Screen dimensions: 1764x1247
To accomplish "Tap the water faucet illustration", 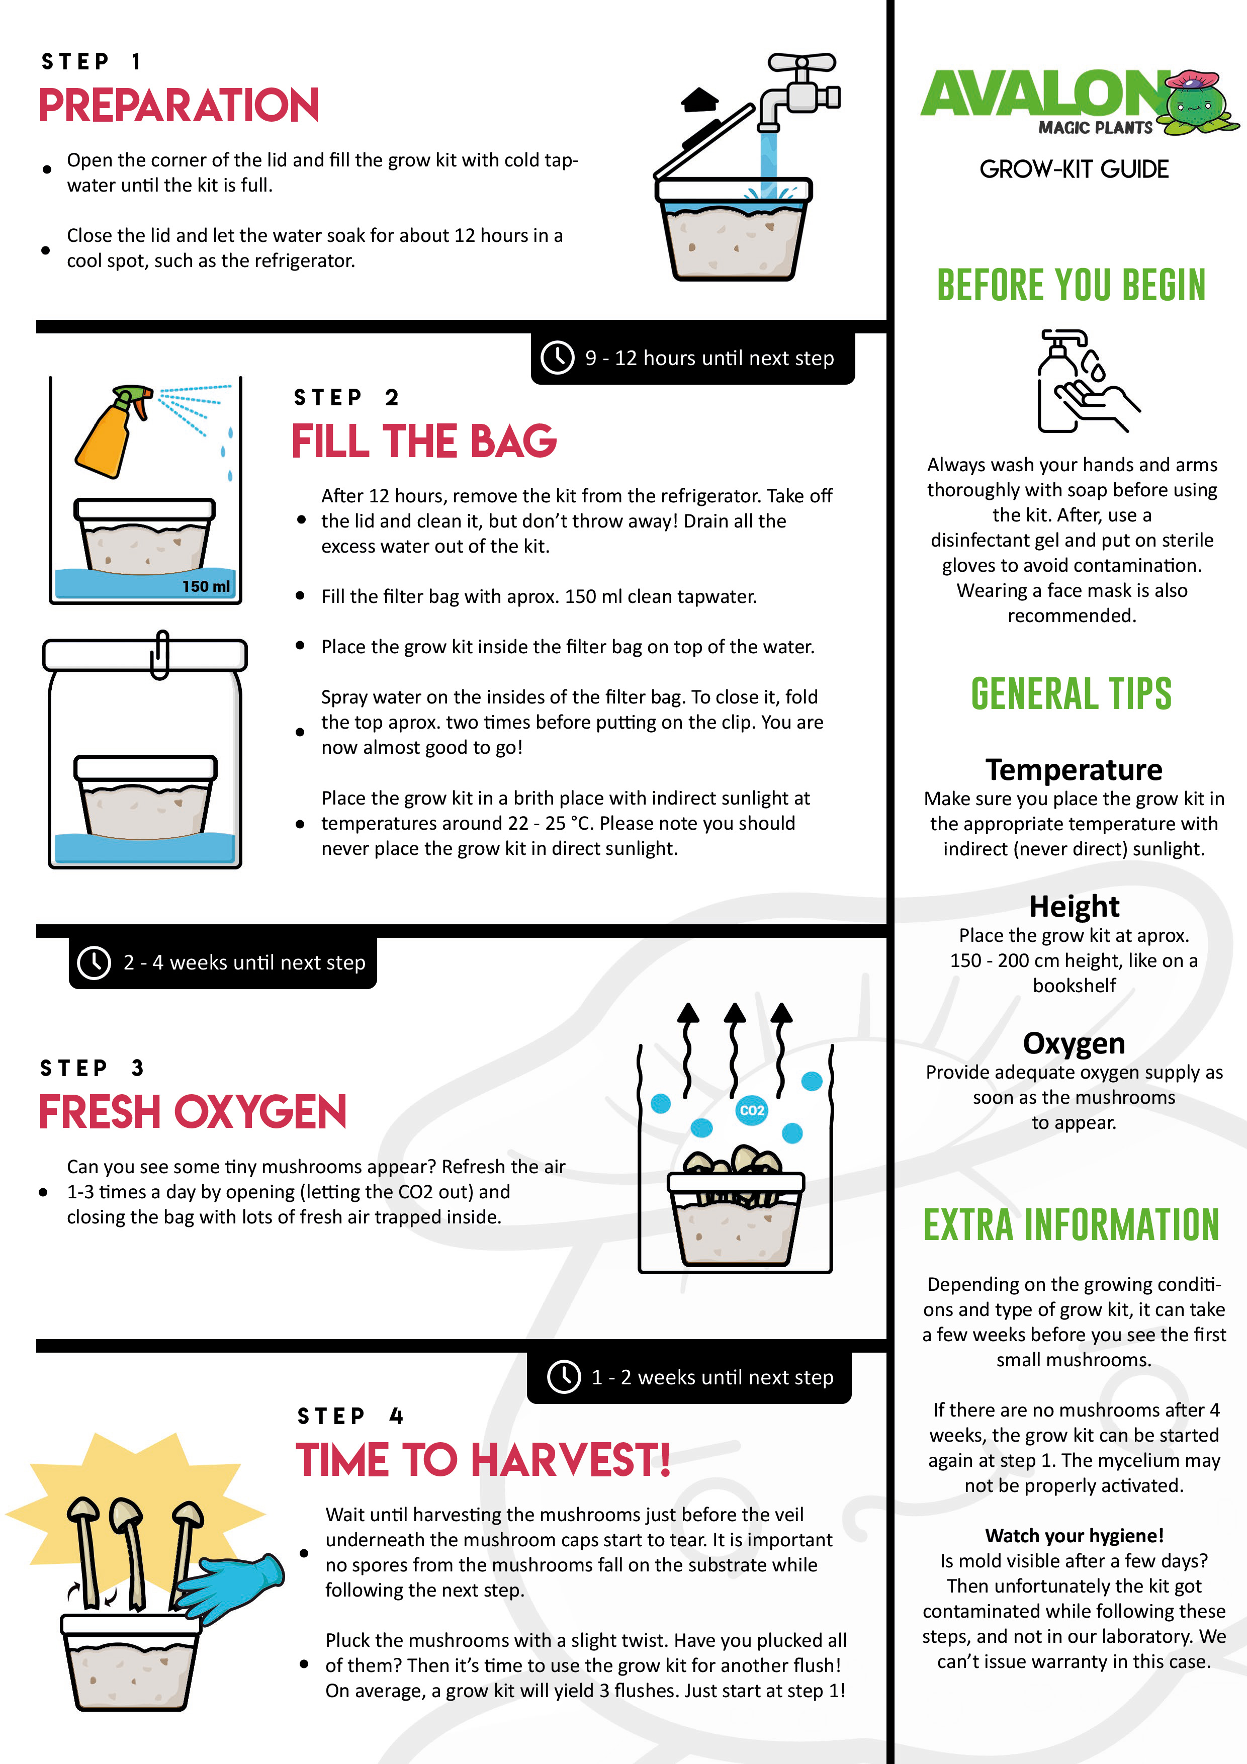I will (799, 89).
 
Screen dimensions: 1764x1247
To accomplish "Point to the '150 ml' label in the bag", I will (205, 586).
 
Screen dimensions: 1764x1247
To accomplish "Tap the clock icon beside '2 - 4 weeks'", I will (95, 962).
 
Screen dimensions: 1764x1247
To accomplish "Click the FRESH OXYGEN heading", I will (192, 1112).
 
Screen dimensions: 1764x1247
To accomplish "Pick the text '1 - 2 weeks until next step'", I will (711, 1377).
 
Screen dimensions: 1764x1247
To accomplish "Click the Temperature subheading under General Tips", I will (1074, 769).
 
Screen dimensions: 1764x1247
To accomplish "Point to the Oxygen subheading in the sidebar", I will (1074, 1042).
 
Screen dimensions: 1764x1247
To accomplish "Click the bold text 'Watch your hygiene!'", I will (1074, 1535).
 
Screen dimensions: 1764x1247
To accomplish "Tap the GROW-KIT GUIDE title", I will (1074, 169).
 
